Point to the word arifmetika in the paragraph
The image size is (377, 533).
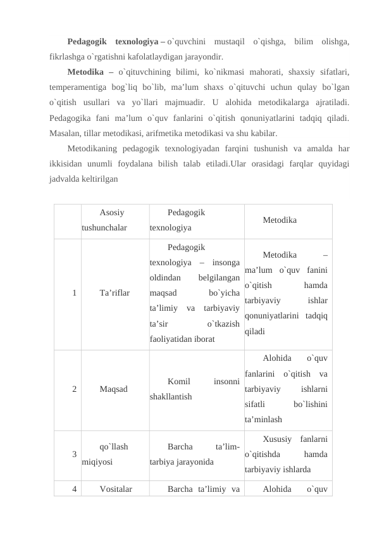[178, 134]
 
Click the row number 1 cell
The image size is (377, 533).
[74, 293]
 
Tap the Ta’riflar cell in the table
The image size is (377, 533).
[114, 293]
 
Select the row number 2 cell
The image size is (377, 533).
[74, 389]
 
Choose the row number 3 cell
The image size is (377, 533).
[74, 454]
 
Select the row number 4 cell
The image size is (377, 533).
[74, 489]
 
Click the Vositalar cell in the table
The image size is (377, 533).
[116, 489]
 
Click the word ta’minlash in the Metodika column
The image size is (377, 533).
[263, 419]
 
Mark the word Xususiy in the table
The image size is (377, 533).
[277, 439]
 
